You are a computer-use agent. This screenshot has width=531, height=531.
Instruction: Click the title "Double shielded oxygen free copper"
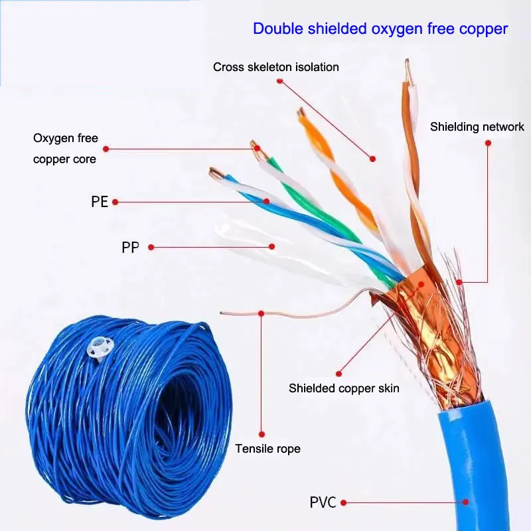point(380,29)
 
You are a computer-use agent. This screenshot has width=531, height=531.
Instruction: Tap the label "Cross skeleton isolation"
point(275,67)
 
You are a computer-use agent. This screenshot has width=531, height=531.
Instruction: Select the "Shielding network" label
point(477,127)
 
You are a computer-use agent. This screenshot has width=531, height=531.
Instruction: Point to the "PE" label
point(99,202)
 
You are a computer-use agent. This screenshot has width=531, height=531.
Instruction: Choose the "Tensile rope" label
point(267,449)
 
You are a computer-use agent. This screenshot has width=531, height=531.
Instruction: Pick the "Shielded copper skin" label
point(344,388)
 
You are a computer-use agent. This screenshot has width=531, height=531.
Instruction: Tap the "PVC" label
point(323,502)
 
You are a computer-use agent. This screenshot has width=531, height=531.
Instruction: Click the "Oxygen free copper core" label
point(65,149)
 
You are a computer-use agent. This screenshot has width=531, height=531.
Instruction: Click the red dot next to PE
point(115,202)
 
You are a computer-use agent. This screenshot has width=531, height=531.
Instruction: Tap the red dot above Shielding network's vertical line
point(488,142)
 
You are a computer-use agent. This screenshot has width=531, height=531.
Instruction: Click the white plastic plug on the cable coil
point(100,346)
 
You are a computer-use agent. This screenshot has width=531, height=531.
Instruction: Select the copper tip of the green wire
point(255,148)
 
